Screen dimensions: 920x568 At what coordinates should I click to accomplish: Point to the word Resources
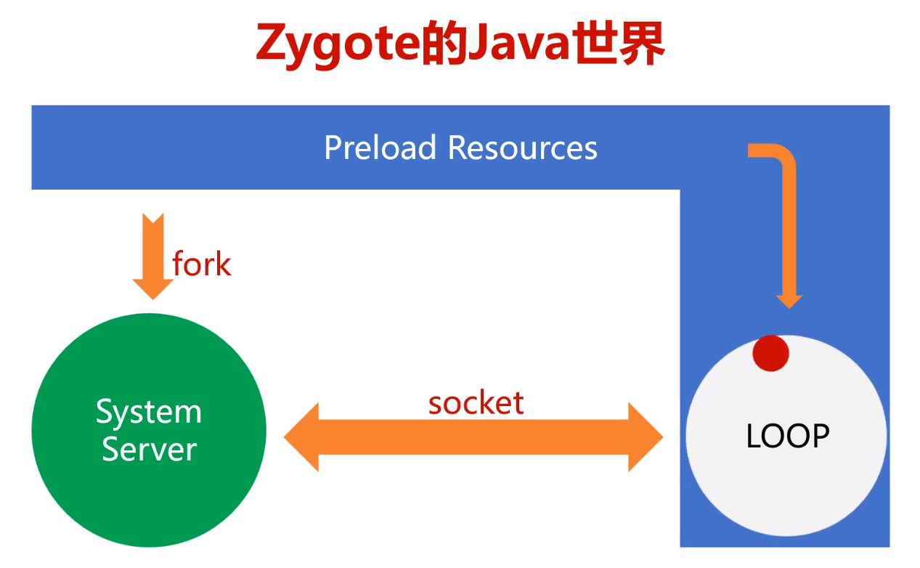(x=523, y=147)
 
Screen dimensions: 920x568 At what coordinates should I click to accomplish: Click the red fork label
(x=201, y=264)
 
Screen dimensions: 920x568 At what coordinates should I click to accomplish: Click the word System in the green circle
(x=149, y=413)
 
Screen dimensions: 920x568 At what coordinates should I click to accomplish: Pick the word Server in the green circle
(x=149, y=450)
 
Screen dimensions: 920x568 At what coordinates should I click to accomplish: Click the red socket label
(x=476, y=402)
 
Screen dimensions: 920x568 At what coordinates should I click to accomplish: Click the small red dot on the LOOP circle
(x=770, y=353)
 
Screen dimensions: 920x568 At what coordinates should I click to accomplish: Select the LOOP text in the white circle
(x=787, y=436)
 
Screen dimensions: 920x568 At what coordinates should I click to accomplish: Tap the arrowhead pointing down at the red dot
(x=789, y=299)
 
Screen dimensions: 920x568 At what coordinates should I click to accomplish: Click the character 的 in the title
(x=443, y=45)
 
